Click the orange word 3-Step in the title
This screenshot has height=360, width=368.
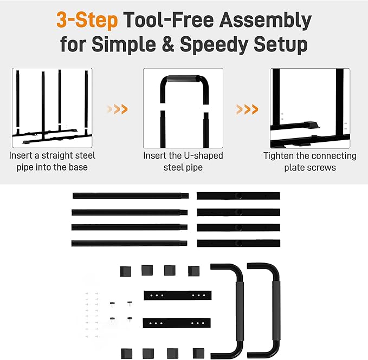coord(87,20)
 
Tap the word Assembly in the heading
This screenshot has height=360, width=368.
coord(265,21)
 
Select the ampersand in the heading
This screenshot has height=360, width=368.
coord(167,44)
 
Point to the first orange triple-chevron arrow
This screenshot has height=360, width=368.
coord(118,109)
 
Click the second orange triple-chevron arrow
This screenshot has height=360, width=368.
coord(247,109)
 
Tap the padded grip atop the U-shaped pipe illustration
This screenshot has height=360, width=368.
coord(183,78)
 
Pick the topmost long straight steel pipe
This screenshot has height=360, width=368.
coord(131,196)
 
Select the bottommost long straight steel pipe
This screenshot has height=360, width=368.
coord(130,243)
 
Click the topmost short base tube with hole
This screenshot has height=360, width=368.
coord(238,196)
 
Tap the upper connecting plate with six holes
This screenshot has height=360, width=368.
coord(178,296)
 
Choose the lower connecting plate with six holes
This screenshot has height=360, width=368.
coord(177,323)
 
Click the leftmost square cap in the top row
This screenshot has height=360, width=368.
coord(126,271)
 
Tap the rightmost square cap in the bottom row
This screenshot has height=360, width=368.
coord(198,354)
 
